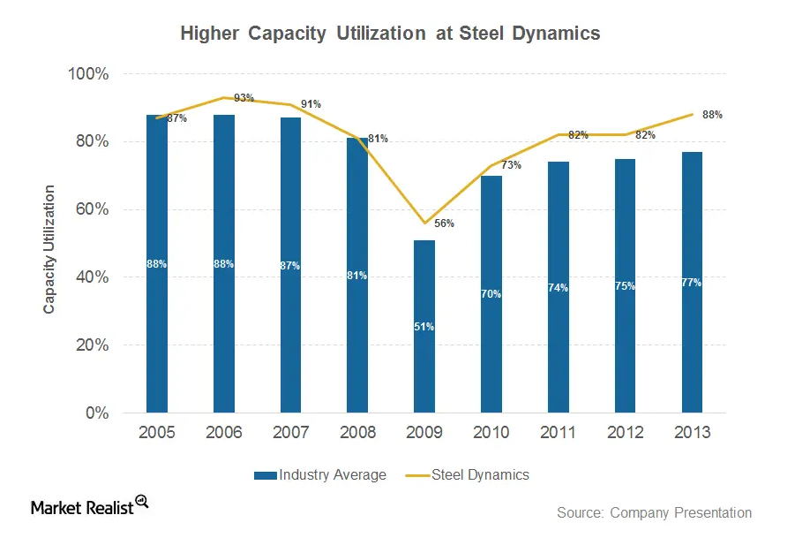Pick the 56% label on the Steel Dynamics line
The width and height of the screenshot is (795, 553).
[445, 224]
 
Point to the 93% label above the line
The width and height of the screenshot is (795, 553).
[243, 98]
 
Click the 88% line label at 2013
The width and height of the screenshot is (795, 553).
[713, 115]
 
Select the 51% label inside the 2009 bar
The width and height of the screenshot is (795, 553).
[424, 327]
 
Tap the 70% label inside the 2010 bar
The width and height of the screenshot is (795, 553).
[491, 294]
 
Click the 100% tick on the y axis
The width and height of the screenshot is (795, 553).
[88, 74]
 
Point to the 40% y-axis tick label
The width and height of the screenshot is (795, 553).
[92, 277]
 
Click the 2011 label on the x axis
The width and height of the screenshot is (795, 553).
[558, 433]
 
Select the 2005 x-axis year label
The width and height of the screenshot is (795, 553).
[156, 433]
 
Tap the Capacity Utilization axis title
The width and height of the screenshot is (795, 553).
[49, 249]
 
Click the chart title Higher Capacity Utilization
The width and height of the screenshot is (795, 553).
[390, 34]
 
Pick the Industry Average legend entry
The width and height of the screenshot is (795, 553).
[320, 475]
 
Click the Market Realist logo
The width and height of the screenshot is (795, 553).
[89, 506]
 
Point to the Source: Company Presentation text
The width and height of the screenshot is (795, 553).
[654, 512]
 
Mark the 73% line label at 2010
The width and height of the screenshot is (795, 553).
[512, 165]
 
